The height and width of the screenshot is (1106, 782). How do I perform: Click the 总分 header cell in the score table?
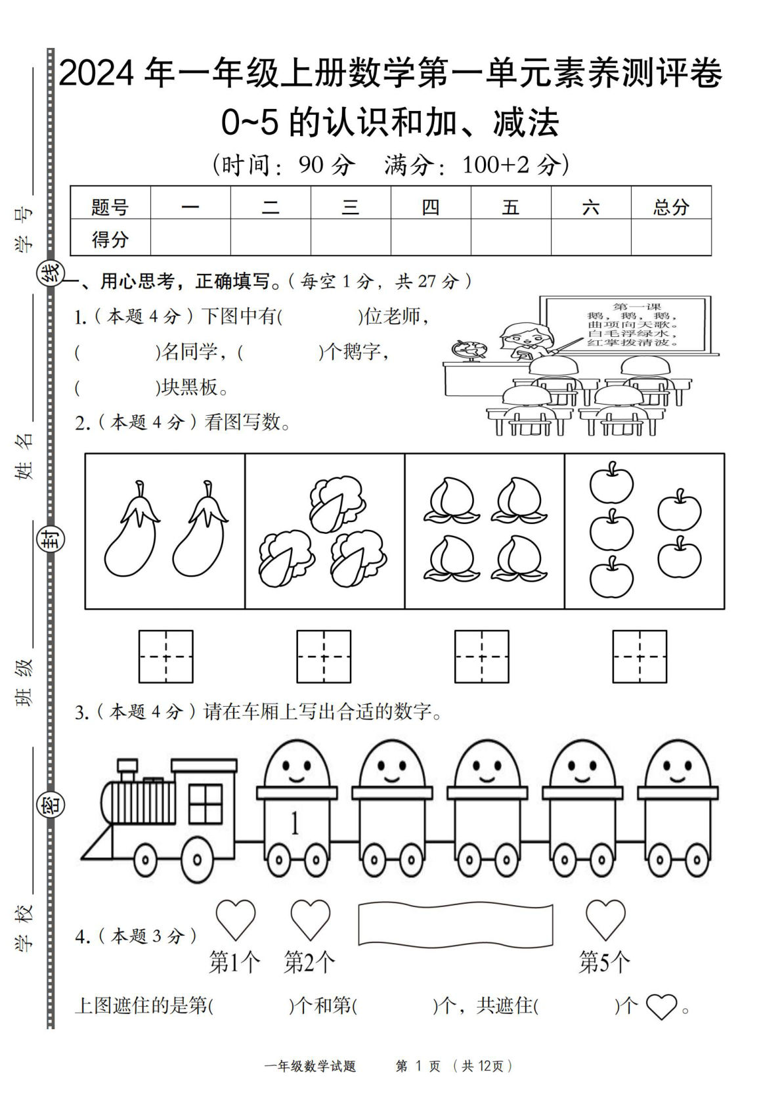[x=670, y=208]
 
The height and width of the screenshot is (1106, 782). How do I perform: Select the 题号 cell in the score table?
[x=110, y=208]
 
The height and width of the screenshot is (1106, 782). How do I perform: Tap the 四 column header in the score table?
[x=430, y=208]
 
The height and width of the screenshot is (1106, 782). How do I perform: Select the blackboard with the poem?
[x=625, y=324]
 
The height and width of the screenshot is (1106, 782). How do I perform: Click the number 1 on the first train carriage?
[x=295, y=823]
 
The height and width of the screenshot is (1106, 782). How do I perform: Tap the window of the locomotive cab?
[x=206, y=803]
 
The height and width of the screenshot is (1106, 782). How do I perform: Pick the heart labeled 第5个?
[x=605, y=919]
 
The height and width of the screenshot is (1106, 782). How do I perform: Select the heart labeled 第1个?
[x=235, y=919]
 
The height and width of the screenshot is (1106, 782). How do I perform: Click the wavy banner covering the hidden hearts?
[x=455, y=925]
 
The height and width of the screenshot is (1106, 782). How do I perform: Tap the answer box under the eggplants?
[x=165, y=656]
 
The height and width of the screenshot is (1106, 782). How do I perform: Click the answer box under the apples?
[x=639, y=656]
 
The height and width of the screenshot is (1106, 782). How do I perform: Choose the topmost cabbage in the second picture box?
[x=337, y=504]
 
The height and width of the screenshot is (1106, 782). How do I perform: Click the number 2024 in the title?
[x=97, y=74]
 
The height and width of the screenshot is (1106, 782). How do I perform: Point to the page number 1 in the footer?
[x=419, y=1066]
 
